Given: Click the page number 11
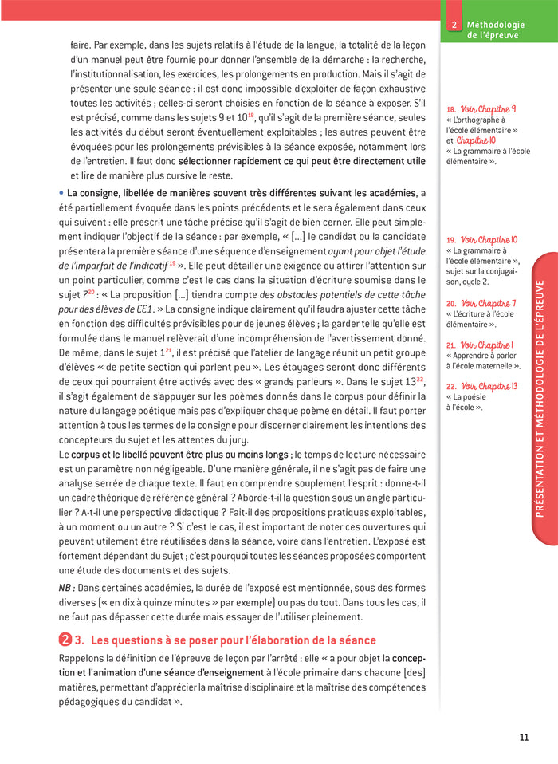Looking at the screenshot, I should tap(524, 737).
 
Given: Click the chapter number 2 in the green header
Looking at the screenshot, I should tap(454, 26).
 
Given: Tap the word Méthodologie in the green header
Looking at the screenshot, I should tap(492, 26).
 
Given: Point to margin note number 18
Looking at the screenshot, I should tap(450, 109).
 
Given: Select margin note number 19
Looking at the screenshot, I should tap(450, 239).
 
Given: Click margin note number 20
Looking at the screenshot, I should tap(450, 304).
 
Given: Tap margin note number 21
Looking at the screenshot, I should tap(450, 345).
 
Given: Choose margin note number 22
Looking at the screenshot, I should tap(450, 387).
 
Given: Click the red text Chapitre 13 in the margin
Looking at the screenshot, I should tap(501, 387).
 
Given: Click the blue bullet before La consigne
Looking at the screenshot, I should tap(61, 193).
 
